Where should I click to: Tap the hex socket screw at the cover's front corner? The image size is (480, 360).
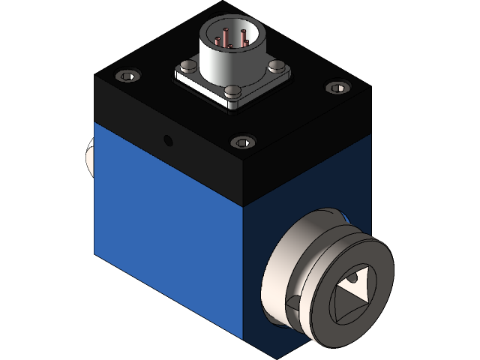point(242,142)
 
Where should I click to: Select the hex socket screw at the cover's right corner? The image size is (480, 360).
point(337,88)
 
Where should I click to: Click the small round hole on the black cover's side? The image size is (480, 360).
point(167,140)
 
